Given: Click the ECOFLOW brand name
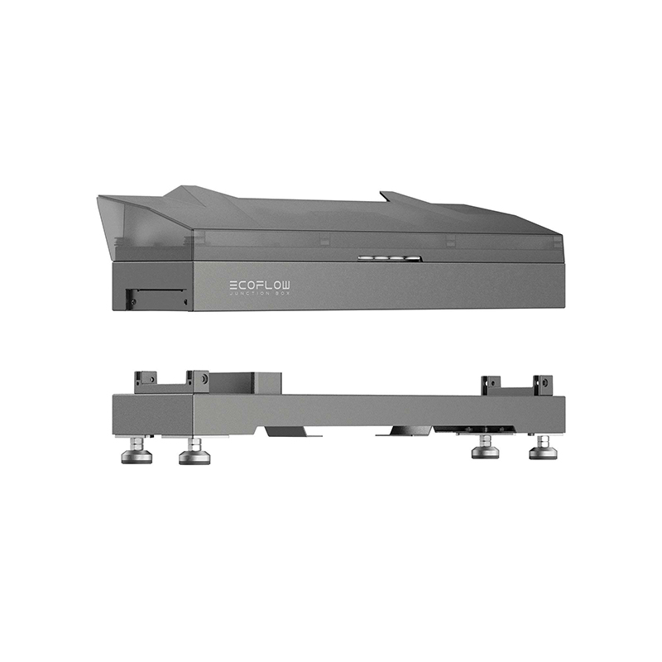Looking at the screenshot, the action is [260, 285].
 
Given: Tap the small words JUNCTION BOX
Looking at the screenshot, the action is [260, 293].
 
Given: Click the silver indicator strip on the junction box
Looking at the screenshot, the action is [389, 258].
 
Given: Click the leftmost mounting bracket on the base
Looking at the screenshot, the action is [146, 381].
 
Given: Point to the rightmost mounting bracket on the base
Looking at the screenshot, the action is [543, 385].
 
